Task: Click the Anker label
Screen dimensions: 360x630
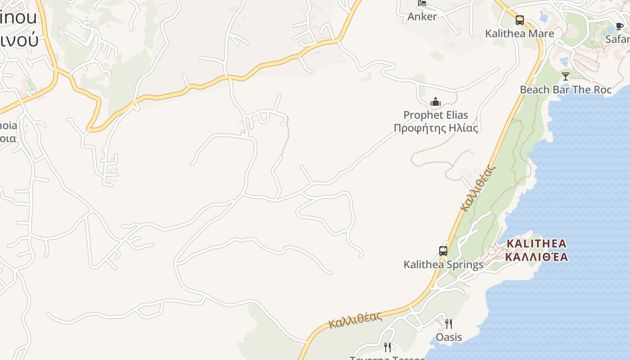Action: coord(422,17)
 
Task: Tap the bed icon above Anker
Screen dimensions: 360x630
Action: coord(422,3)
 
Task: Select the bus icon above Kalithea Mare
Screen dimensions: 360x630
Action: coord(520,20)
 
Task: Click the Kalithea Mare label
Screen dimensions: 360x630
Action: coord(519,34)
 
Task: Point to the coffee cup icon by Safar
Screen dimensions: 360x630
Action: coord(620,26)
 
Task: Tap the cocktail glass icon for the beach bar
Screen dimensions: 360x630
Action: coord(566,76)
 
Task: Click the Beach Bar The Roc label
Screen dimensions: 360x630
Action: coord(566,90)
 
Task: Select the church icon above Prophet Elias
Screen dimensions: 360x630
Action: coord(435,102)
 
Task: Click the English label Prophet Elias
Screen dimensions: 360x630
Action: coord(436,115)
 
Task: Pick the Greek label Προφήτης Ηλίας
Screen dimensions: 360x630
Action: coord(436,128)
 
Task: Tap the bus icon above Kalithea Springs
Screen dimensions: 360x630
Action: coord(443,251)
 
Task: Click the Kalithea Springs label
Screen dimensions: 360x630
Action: coord(443,265)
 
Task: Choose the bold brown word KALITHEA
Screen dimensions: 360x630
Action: coord(536,243)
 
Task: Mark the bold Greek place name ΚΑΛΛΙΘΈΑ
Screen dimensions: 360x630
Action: coord(536,257)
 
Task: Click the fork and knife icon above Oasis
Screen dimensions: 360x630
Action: coord(449,324)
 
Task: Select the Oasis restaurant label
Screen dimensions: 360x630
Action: coord(449,337)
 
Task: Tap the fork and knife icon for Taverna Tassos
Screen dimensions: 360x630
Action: coord(387,347)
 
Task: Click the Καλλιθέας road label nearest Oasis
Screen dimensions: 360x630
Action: coord(355,320)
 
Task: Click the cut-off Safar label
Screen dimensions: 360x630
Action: coord(617,39)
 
